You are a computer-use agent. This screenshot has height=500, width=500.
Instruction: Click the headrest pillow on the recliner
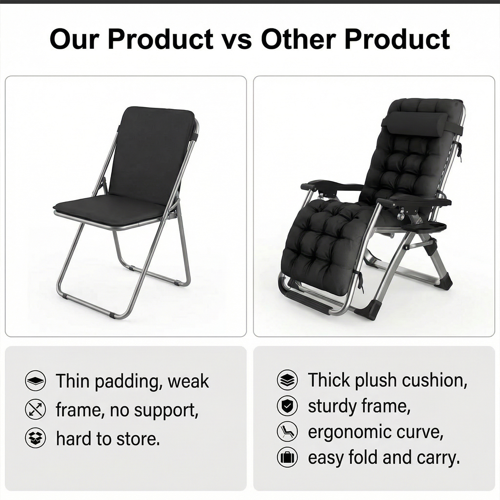point(417,124)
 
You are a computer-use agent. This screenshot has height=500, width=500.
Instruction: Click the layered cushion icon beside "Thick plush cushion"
point(287,380)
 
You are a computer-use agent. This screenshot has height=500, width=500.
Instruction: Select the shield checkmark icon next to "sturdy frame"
point(287,406)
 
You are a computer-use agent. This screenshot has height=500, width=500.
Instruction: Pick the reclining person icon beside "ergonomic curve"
point(287,432)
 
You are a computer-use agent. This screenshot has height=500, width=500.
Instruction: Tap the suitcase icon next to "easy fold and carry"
point(287,458)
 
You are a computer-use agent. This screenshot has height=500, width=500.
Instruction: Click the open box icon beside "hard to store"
point(35,438)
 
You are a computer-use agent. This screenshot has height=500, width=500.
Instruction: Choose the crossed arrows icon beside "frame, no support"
point(35,410)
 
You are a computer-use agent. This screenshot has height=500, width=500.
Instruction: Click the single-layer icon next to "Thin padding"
point(35,381)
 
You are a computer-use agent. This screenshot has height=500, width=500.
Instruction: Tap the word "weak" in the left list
point(188,381)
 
